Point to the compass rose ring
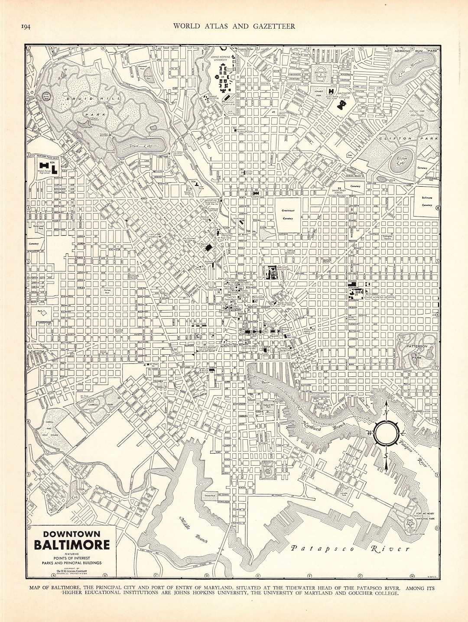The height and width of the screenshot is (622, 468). pyautogui.click(x=386, y=433)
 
